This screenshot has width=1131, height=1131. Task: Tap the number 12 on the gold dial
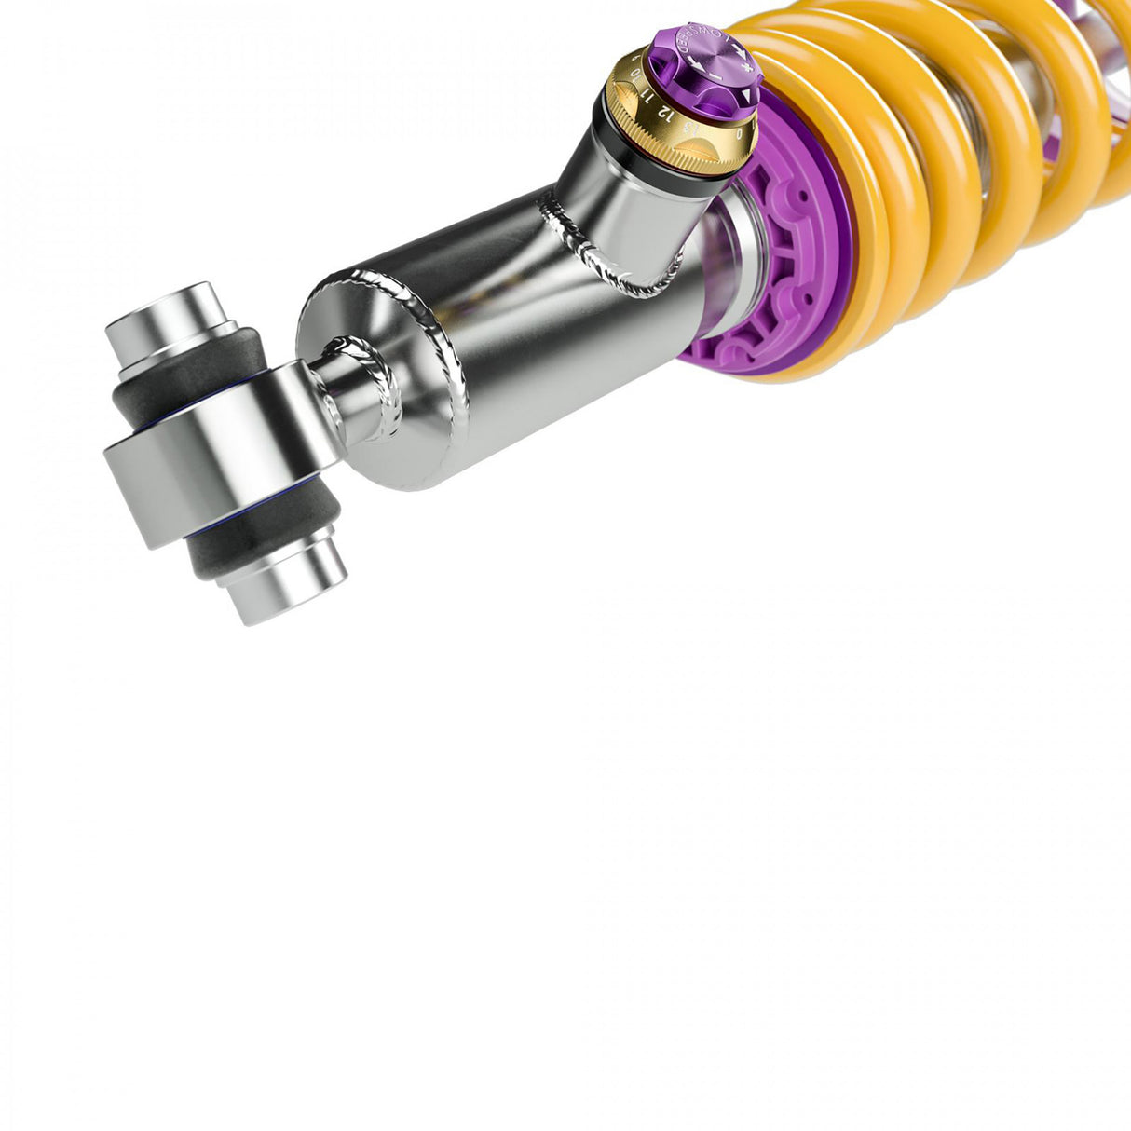[x=663, y=111]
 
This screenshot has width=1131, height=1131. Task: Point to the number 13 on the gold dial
[x=688, y=126]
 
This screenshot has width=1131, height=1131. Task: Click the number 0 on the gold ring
[x=739, y=132]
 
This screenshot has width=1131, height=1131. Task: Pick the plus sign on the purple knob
[x=743, y=64]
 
